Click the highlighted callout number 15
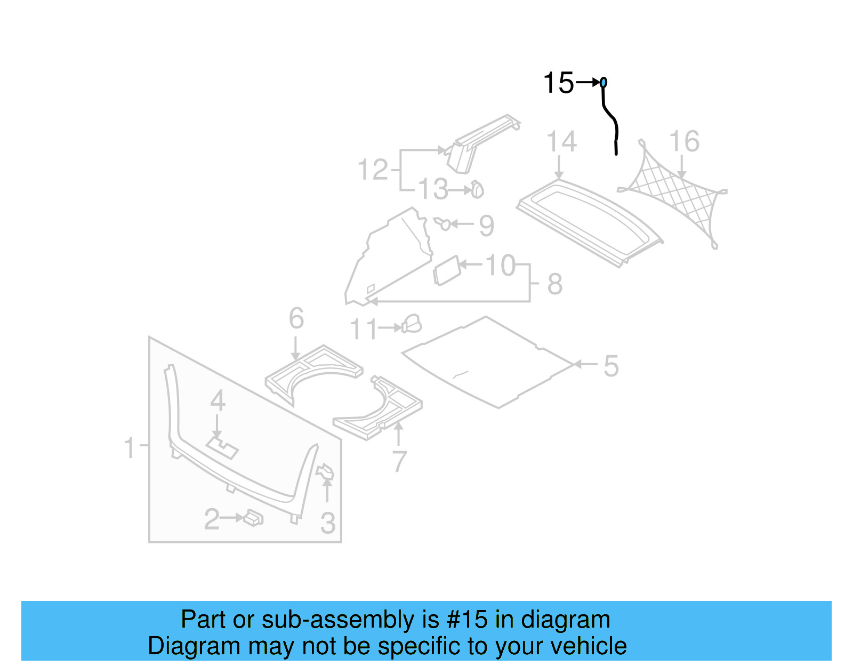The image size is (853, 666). [558, 83]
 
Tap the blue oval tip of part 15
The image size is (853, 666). [603, 83]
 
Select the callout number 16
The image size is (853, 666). [684, 142]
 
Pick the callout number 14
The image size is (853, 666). [561, 142]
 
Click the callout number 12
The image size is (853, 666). [373, 170]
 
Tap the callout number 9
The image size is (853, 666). [486, 226]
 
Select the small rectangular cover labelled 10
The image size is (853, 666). [447, 270]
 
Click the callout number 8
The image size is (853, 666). [555, 284]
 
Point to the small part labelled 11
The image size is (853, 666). [412, 324]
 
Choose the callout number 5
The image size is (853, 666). [611, 366]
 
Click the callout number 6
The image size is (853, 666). [296, 319]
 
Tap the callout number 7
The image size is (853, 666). [399, 461]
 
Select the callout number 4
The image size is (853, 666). [218, 401]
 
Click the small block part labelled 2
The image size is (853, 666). [253, 518]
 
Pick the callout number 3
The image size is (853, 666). [328, 523]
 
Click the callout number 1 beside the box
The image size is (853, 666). [130, 447]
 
